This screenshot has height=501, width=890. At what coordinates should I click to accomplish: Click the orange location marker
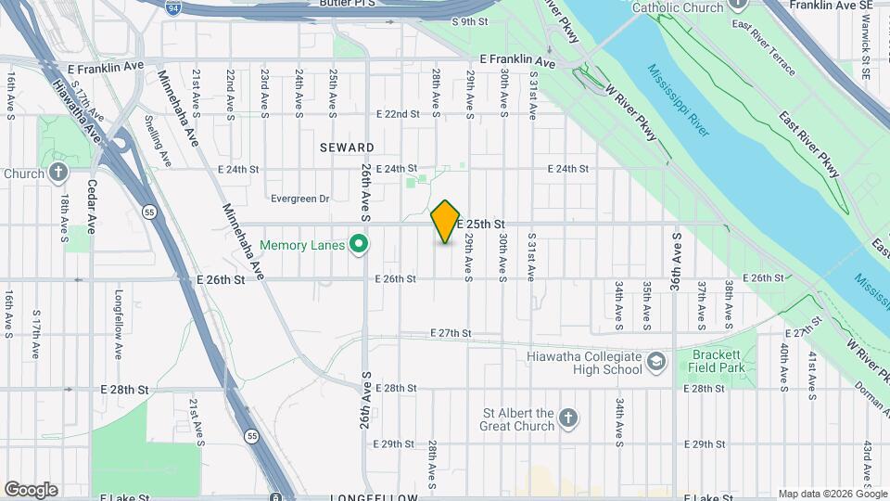pos(446,221)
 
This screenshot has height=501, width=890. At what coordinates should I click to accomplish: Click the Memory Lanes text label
pos(302,246)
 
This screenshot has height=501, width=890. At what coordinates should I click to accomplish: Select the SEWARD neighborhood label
pos(348,148)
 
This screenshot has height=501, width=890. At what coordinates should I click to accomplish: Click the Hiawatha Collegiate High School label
pos(583,363)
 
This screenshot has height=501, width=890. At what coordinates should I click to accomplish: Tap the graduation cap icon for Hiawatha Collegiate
pos(656,362)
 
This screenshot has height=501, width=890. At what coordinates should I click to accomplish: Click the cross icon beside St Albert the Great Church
pos(568,419)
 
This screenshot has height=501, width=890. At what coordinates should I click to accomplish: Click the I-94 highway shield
pos(173,8)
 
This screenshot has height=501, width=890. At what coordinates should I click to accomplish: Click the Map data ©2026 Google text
pos(832,494)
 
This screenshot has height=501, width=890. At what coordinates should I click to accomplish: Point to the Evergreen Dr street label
pos(299,199)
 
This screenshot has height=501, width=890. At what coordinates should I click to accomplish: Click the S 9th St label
pos(469,21)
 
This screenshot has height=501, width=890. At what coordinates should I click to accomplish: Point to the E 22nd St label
pos(398,114)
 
